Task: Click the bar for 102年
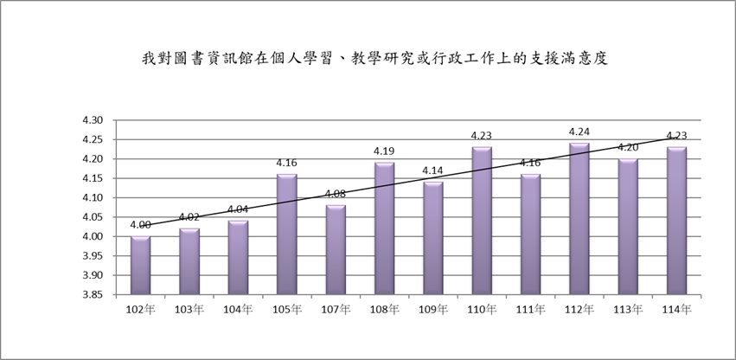(x=140, y=266)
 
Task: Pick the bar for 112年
(x=579, y=219)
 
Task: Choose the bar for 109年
(x=433, y=238)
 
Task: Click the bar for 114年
(x=677, y=221)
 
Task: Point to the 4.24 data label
(x=579, y=132)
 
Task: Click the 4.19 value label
(x=384, y=151)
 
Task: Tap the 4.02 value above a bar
(x=189, y=217)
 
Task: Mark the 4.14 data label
(x=433, y=171)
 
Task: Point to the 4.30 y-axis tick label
(x=92, y=120)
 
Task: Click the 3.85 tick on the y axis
(x=92, y=295)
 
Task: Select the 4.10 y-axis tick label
(x=92, y=198)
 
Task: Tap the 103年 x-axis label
(x=189, y=309)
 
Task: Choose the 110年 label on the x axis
(x=482, y=309)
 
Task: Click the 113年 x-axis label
(x=629, y=309)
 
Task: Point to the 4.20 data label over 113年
(x=629, y=147)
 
